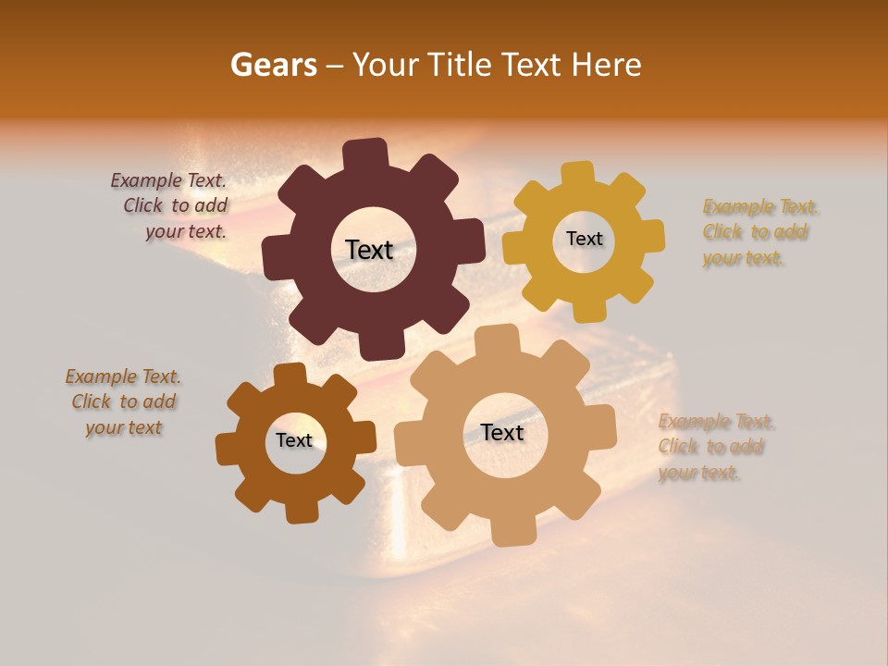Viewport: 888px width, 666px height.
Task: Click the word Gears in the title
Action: click(273, 65)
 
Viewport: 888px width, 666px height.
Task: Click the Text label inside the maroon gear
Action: click(369, 250)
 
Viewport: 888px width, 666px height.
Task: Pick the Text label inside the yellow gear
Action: click(584, 239)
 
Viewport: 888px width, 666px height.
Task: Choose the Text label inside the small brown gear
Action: click(294, 440)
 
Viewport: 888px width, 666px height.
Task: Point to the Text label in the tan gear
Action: click(502, 433)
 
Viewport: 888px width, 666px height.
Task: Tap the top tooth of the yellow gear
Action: click(578, 174)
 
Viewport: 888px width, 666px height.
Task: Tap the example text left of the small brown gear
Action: click(123, 401)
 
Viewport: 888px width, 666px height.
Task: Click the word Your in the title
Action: click(380, 65)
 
